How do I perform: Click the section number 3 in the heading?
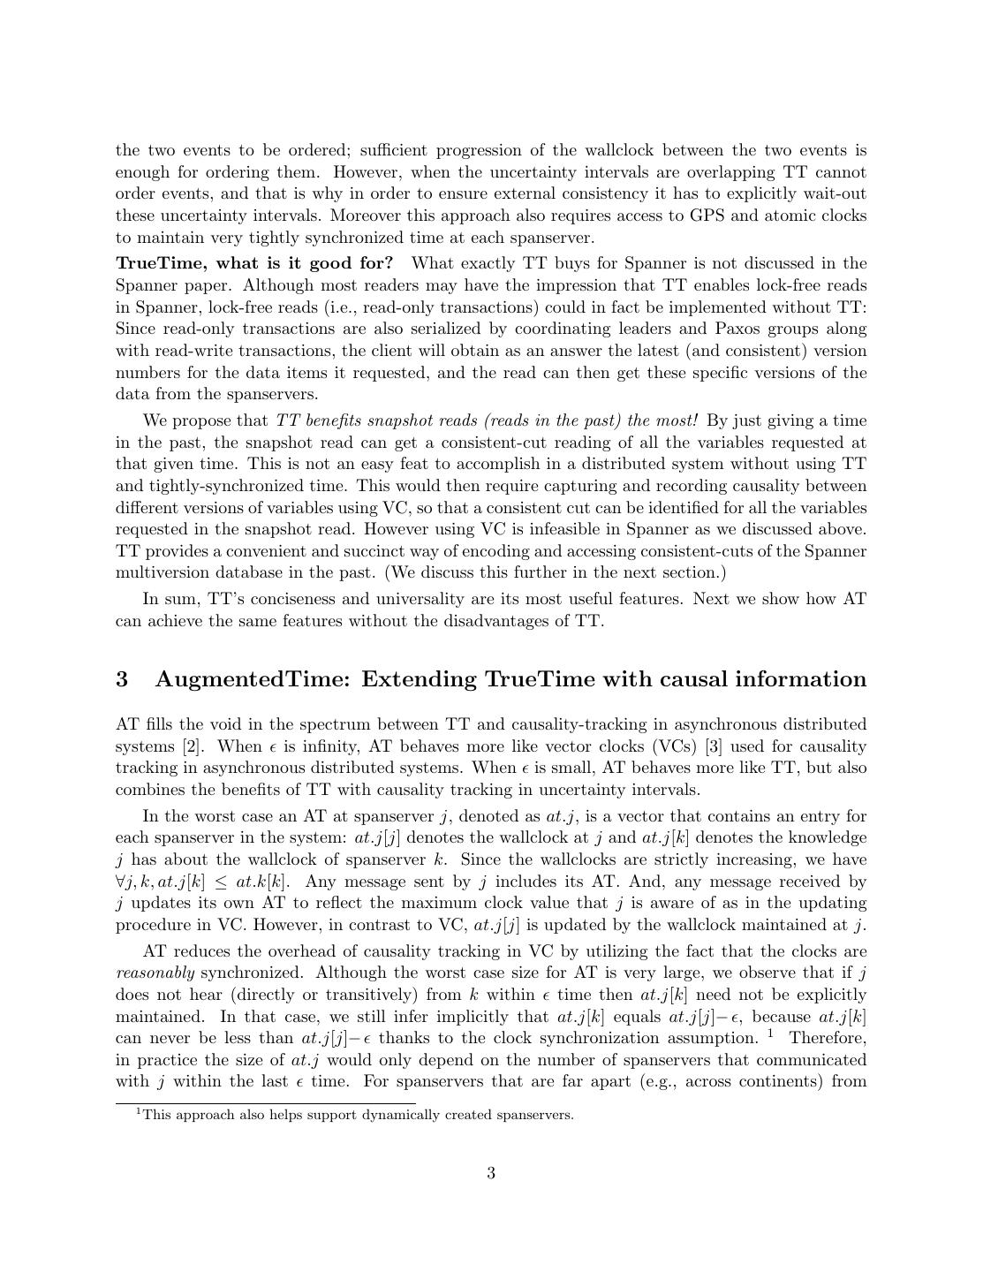pyautogui.click(x=122, y=679)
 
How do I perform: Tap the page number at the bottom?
pyautogui.click(x=491, y=1173)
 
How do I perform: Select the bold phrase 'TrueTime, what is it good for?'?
pyautogui.click(x=254, y=263)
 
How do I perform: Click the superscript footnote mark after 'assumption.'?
pyautogui.click(x=771, y=1033)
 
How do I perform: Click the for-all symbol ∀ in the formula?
pyautogui.click(x=121, y=882)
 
